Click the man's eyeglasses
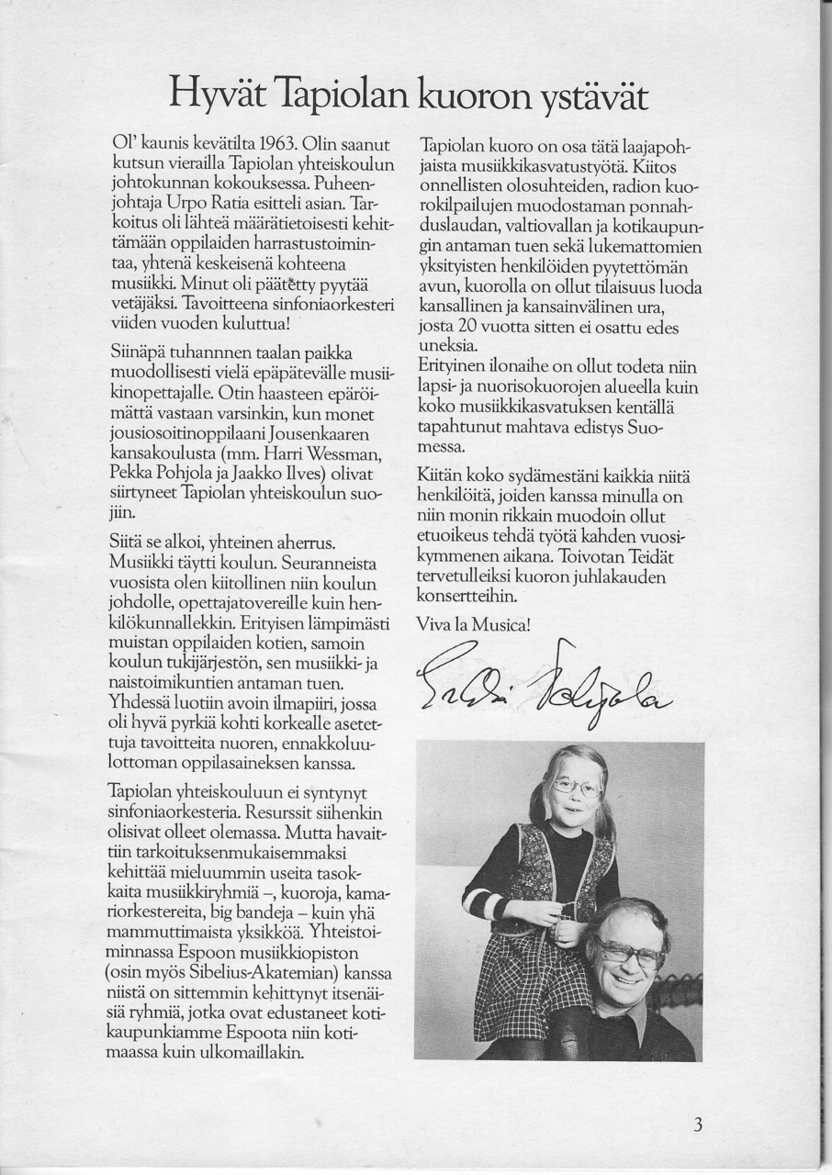(629, 953)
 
